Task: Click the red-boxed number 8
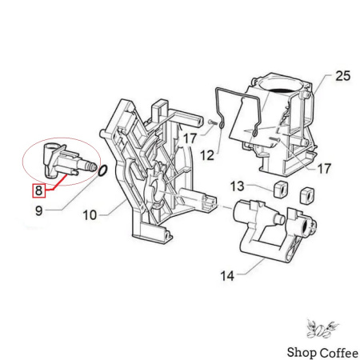pyautogui.click(x=39, y=190)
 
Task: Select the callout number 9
pyautogui.click(x=39, y=211)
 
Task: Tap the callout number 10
pyautogui.click(x=90, y=215)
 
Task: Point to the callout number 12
pyautogui.click(x=207, y=155)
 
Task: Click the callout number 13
pyautogui.click(x=238, y=186)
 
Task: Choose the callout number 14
pyautogui.click(x=227, y=276)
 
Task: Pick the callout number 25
pyautogui.click(x=343, y=76)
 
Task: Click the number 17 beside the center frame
pyautogui.click(x=190, y=138)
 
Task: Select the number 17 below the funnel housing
pyautogui.click(x=324, y=169)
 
